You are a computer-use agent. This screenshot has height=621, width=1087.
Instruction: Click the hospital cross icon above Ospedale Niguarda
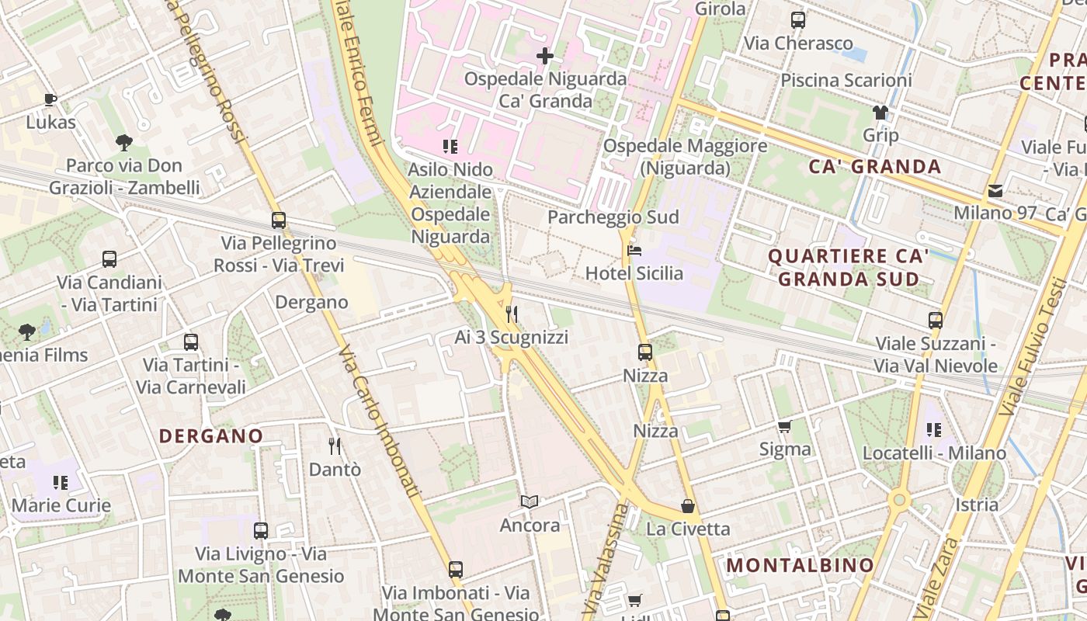[545, 56]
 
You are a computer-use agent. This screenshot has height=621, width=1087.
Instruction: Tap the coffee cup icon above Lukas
[50, 99]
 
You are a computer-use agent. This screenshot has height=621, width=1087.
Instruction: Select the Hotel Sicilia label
[634, 273]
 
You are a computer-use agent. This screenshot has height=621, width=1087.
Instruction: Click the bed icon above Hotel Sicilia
[634, 251]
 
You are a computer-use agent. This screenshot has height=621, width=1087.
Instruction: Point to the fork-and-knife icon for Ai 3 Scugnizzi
[512, 314]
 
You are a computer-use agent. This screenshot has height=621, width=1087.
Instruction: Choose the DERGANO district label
[211, 436]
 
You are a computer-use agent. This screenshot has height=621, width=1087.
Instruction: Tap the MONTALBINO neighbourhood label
[800, 565]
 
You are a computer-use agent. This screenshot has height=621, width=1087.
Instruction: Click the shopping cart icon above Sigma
[785, 426]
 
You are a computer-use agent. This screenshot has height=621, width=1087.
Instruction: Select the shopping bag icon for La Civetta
[688, 507]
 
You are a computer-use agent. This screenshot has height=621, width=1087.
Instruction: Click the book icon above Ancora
[530, 502]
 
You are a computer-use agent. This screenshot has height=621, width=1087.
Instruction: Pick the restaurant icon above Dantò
[335, 446]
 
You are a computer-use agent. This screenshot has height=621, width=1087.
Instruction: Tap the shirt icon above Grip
[880, 113]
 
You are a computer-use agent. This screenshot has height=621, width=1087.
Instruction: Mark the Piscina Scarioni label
[846, 80]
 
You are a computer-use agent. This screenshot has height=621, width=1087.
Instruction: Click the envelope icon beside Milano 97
[995, 191]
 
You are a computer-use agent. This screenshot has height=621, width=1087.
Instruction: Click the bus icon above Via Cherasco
[798, 20]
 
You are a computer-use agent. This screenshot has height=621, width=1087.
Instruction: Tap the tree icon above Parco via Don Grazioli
[123, 142]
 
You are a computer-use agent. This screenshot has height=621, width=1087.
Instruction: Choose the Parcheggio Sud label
[613, 217]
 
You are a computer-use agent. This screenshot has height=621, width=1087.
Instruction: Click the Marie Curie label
[61, 505]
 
